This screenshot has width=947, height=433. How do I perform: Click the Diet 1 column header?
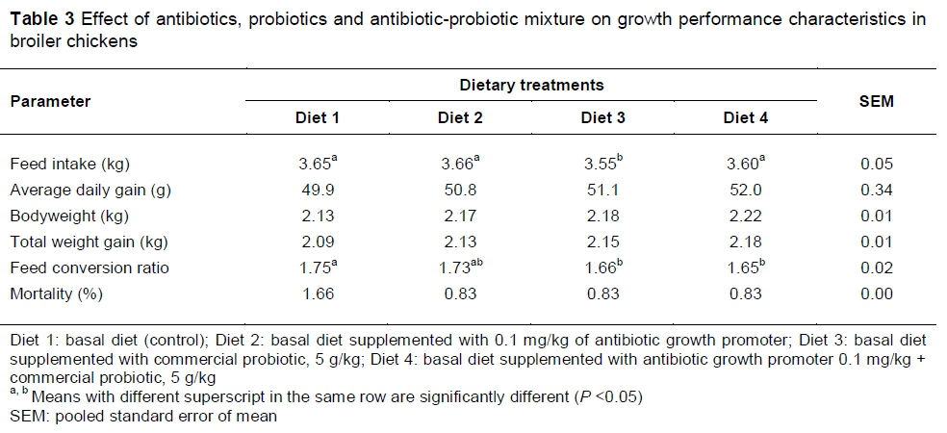click(317, 118)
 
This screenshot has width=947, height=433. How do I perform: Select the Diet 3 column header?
click(602, 118)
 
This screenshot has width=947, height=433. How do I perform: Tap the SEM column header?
click(876, 101)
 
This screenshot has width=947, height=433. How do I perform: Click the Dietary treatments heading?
click(531, 85)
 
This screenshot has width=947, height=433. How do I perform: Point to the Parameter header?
click(51, 101)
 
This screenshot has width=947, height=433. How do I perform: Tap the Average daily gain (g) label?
click(90, 191)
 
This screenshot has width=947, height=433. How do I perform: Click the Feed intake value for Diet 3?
click(602, 165)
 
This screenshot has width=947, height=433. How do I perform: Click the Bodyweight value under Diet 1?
click(317, 216)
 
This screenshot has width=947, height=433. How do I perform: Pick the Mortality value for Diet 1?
click(317, 294)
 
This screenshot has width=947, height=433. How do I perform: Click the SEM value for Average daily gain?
click(876, 191)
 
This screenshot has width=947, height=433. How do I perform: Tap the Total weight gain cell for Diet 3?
click(602, 242)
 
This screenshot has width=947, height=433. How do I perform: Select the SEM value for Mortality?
click(876, 294)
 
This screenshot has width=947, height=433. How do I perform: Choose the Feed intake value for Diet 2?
click(460, 165)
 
